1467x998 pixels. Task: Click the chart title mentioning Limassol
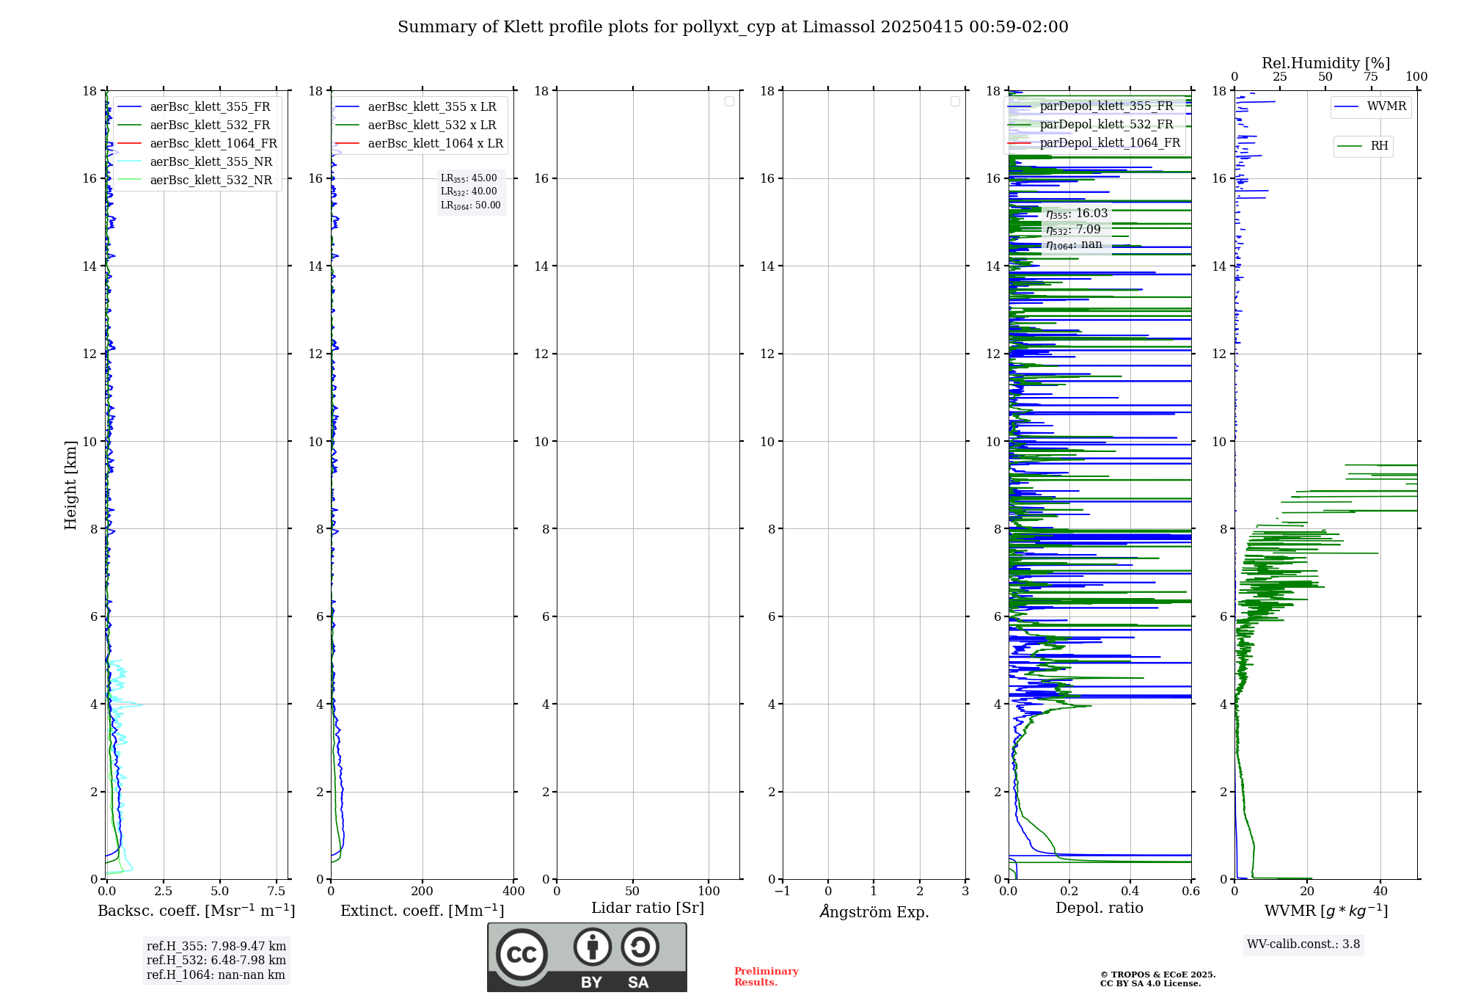(733, 27)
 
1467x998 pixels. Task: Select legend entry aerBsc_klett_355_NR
(211, 161)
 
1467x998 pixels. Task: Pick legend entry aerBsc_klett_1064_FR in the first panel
(213, 143)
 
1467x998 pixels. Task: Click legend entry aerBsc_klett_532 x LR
(431, 125)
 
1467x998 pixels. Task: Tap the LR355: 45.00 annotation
(469, 178)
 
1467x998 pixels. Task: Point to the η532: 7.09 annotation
(1074, 230)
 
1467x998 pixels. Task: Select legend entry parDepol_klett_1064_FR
(1109, 142)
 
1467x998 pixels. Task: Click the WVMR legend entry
(1386, 106)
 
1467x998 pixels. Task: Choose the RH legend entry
(1378, 146)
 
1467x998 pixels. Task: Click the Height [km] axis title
(70, 484)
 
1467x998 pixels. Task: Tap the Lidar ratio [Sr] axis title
(648, 908)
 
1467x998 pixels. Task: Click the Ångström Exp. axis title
(874, 911)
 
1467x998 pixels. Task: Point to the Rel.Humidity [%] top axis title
(1325, 63)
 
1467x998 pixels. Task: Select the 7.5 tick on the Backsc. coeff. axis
(277, 891)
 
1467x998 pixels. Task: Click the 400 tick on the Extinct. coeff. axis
(513, 891)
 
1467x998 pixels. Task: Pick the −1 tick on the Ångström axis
(782, 891)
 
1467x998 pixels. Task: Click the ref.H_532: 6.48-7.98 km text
(216, 960)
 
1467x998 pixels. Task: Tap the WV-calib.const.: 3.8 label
(1303, 944)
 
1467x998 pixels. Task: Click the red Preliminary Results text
(766, 976)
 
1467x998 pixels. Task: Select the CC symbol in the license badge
(522, 955)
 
